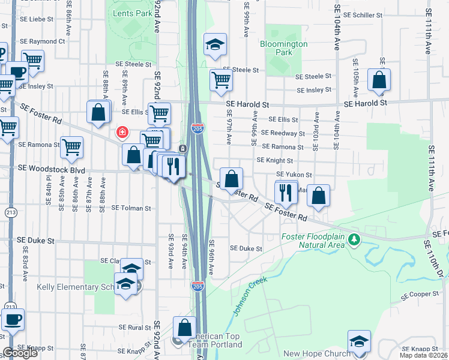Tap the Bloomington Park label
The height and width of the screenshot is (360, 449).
tap(284, 48)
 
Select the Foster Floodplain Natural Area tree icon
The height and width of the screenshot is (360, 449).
tap(355, 240)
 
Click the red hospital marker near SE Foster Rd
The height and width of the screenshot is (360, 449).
tap(122, 131)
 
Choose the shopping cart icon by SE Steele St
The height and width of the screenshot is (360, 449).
tap(221, 80)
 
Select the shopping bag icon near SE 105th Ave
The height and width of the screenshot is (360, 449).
tap(379, 80)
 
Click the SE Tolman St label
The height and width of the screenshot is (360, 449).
tap(131, 208)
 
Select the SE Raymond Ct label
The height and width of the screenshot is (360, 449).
tap(42, 42)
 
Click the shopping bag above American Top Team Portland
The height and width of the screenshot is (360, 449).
tap(184, 328)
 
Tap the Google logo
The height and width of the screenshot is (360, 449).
tap(20, 353)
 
